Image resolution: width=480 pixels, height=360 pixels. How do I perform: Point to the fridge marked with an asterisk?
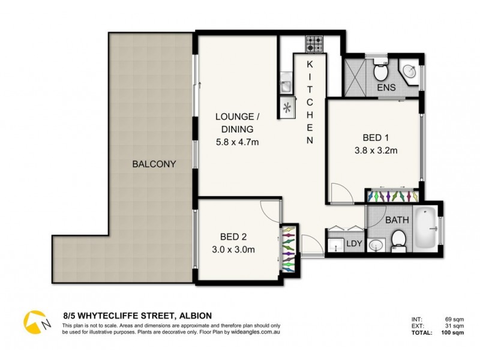[287, 108]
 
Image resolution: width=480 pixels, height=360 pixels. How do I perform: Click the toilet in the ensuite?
[379, 73]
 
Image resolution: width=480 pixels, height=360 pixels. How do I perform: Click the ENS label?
[386, 89]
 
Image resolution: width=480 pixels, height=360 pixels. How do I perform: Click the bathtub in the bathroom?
[427, 229]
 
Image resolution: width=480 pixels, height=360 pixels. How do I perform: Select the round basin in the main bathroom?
[376, 245]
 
